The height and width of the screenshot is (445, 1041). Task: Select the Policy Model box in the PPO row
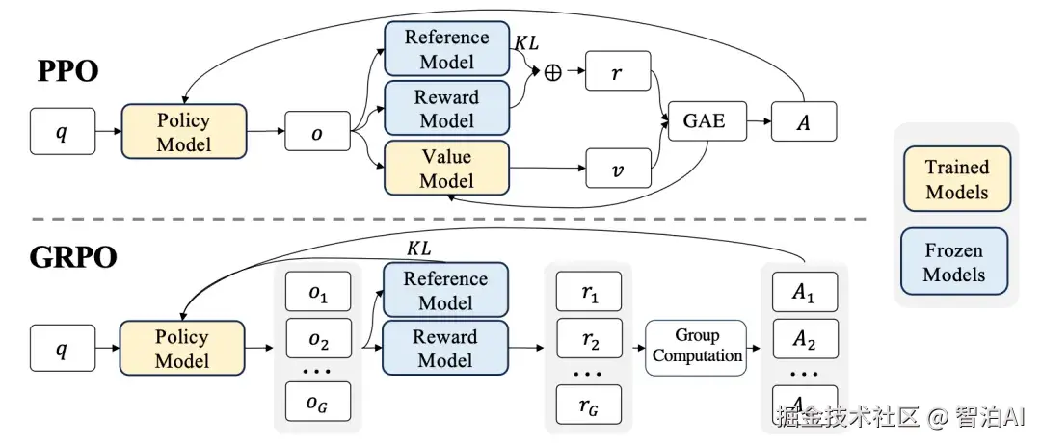click(183, 133)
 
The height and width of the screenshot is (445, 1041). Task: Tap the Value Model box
click(446, 169)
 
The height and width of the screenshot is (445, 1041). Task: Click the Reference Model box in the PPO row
click(446, 49)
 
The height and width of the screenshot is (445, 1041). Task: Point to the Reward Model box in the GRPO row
click(445, 349)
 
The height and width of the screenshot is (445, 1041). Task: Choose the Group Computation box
click(697, 346)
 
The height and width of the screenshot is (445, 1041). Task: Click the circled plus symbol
click(553, 73)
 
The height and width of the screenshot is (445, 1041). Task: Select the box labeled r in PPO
click(617, 73)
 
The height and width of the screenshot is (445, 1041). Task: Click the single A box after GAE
click(802, 121)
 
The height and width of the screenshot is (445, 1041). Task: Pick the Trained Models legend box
click(956, 178)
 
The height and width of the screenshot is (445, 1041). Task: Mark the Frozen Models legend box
click(955, 262)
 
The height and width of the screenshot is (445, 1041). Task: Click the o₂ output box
click(317, 341)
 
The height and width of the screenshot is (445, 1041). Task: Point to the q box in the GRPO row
click(62, 348)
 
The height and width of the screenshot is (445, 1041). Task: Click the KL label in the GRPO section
click(419, 249)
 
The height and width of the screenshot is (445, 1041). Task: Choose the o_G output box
click(317, 404)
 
